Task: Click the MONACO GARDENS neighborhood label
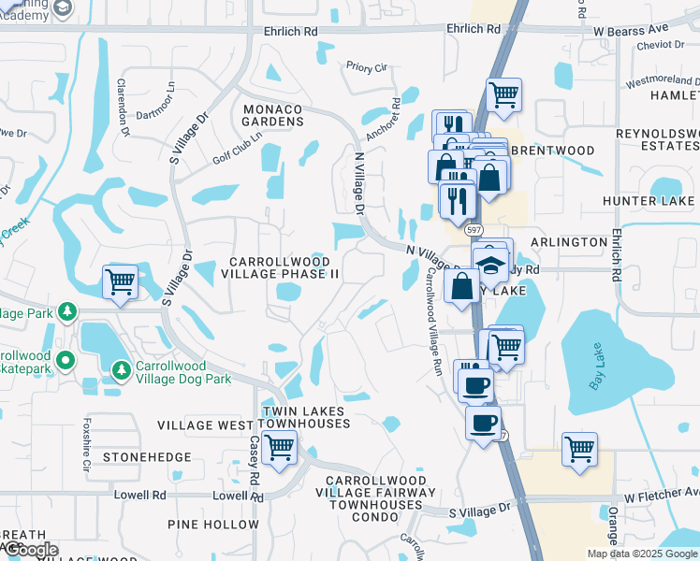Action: (x=273, y=115)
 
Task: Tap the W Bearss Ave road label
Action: (x=631, y=29)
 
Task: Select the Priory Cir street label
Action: (x=366, y=68)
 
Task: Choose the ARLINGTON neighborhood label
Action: (x=569, y=242)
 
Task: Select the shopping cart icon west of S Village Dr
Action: (x=120, y=281)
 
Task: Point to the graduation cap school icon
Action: (x=490, y=265)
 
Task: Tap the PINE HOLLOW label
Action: (x=212, y=525)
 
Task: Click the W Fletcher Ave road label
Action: (x=661, y=493)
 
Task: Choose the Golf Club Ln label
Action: (x=238, y=147)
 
